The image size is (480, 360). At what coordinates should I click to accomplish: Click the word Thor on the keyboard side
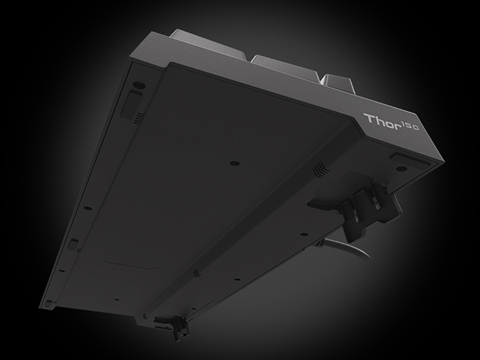[379, 121]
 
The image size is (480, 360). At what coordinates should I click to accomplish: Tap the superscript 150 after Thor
[408, 127]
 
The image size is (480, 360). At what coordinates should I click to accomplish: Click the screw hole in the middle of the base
[235, 161]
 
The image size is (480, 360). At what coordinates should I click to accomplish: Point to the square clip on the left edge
[73, 243]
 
